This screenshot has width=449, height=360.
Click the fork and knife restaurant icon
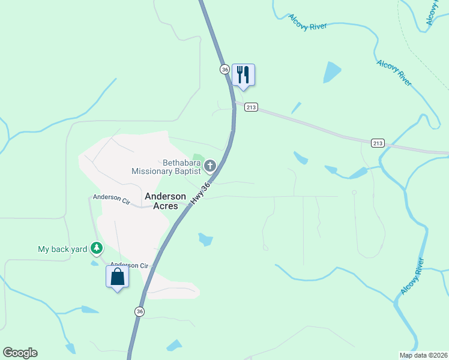pyautogui.click(x=243, y=75)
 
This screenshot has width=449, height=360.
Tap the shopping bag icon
pyautogui.click(x=117, y=277)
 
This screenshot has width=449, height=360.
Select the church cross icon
pyautogui.click(x=210, y=166)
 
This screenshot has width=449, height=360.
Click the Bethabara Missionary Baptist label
pyautogui.click(x=166, y=167)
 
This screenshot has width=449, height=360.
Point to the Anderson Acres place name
pyautogui.click(x=161, y=200)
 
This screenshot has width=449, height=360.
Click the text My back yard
pyautogui.click(x=62, y=249)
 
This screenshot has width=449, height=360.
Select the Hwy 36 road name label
pyautogui.click(x=202, y=195)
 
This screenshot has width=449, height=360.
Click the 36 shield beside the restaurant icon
pyautogui.click(x=224, y=70)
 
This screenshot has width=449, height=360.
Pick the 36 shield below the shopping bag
pyautogui.click(x=140, y=311)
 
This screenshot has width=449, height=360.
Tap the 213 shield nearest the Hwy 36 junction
pyautogui.click(x=252, y=107)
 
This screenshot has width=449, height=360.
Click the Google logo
pyautogui.click(x=20, y=353)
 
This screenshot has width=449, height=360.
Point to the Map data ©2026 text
pyautogui.click(x=423, y=355)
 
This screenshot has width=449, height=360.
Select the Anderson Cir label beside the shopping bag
pyautogui.click(x=129, y=265)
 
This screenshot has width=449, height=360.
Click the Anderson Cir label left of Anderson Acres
pyautogui.click(x=111, y=197)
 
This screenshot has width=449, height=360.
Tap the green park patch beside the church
pyautogui.click(x=198, y=158)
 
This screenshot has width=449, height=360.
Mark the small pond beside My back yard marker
pyautogui.click(x=95, y=263)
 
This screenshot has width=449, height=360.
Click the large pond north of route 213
pyautogui.click(x=332, y=72)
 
